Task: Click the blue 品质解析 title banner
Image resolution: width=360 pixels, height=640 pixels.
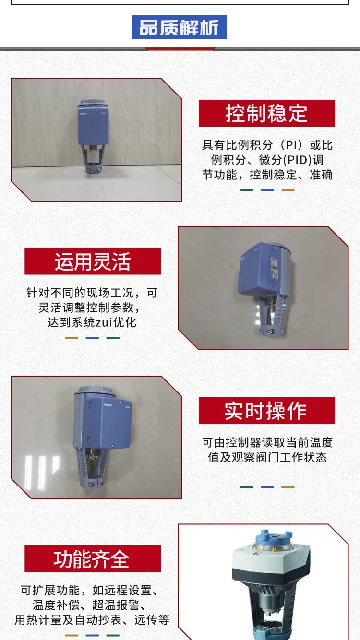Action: [180, 27]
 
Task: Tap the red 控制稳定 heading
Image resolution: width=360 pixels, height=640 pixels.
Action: [266, 113]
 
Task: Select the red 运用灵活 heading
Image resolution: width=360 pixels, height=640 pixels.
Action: [93, 261]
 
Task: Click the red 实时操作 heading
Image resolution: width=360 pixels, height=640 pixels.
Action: [266, 411]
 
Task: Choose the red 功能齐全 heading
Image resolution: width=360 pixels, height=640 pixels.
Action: [93, 558]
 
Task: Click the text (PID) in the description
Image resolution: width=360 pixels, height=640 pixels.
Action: [297, 160]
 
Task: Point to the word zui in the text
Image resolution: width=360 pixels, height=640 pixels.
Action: [104, 322]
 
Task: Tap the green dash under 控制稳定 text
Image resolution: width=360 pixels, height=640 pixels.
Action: [247, 190]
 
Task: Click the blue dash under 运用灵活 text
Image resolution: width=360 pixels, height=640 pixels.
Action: [92, 338]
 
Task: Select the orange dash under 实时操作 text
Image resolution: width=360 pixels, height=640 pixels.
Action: [288, 487]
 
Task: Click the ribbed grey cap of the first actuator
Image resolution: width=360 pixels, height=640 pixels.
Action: [93, 102]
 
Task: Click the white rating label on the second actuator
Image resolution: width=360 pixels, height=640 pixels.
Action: [274, 267]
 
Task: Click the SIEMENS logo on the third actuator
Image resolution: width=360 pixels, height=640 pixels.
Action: [108, 405]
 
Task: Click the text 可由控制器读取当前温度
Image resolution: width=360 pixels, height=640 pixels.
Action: [267, 442]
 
